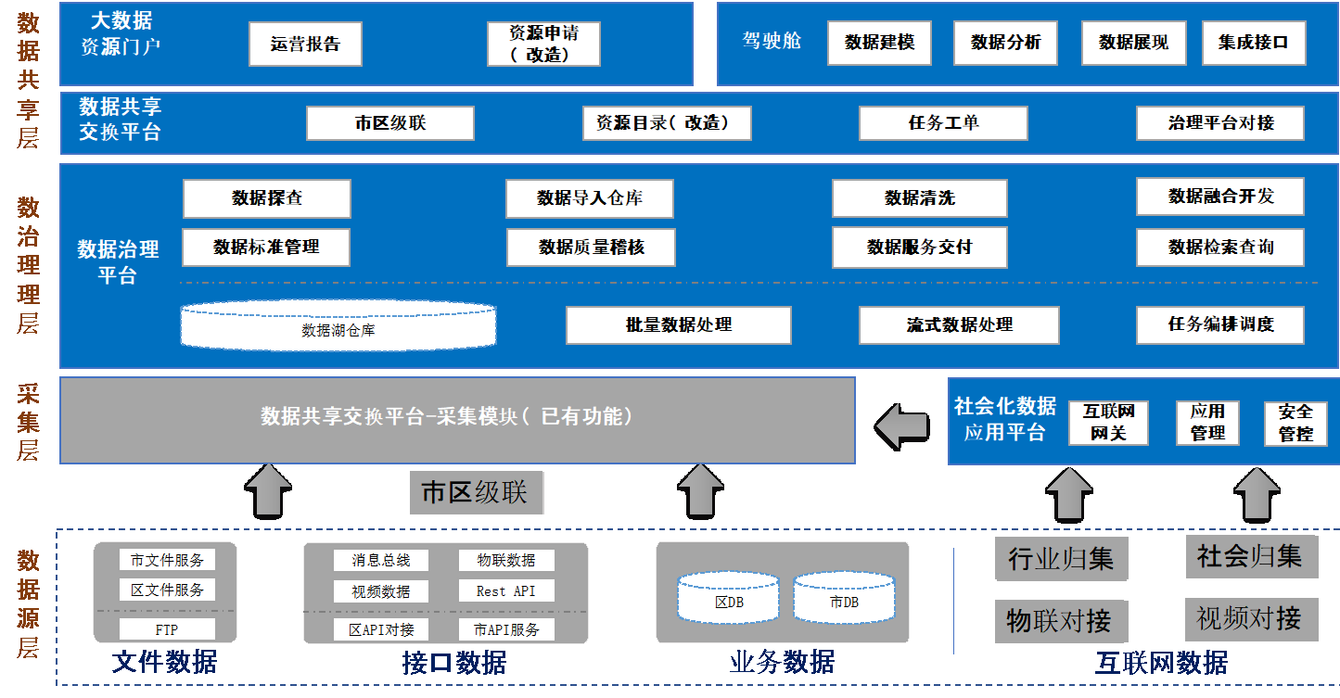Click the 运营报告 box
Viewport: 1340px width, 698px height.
(x=305, y=44)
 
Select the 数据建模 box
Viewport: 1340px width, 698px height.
(x=879, y=43)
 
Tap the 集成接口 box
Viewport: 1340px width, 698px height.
(x=1253, y=43)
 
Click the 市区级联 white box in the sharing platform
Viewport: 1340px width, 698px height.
(x=389, y=123)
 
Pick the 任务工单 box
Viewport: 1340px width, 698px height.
(x=942, y=123)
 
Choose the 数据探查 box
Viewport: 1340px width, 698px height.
(x=266, y=198)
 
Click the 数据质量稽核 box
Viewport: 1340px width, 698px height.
(x=591, y=247)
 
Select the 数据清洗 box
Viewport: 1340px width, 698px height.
(x=918, y=198)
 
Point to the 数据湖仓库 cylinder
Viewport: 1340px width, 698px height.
(x=338, y=325)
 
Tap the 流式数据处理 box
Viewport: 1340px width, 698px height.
(x=958, y=325)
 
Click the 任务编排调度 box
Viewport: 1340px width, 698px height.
(x=1219, y=325)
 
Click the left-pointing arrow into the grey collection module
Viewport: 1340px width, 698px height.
(x=901, y=425)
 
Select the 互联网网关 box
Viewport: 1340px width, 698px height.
(x=1108, y=423)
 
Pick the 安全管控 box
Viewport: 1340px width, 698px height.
(x=1295, y=423)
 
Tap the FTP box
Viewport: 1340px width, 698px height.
(x=167, y=629)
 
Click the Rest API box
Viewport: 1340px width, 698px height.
(x=505, y=591)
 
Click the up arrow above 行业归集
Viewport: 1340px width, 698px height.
(x=1068, y=494)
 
